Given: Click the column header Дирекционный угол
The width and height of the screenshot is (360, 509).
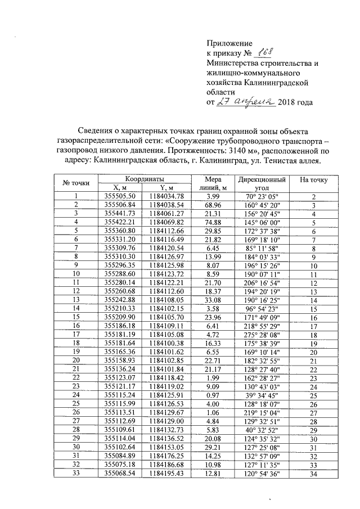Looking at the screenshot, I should click(x=262, y=183).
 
